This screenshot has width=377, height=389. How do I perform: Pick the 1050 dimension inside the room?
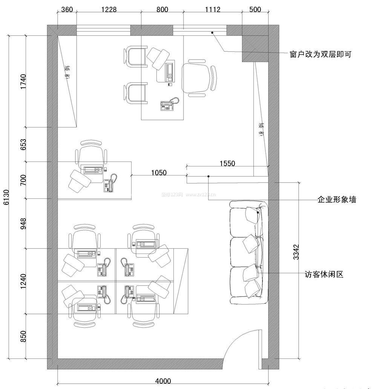(159, 173)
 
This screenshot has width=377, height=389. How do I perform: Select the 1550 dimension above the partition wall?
(227, 163)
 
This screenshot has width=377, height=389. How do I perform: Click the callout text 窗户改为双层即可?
(320, 54)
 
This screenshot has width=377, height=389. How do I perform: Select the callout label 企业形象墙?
(337, 200)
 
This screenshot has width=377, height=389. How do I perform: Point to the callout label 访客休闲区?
(324, 274)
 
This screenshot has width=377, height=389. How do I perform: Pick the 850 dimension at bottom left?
(23, 337)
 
